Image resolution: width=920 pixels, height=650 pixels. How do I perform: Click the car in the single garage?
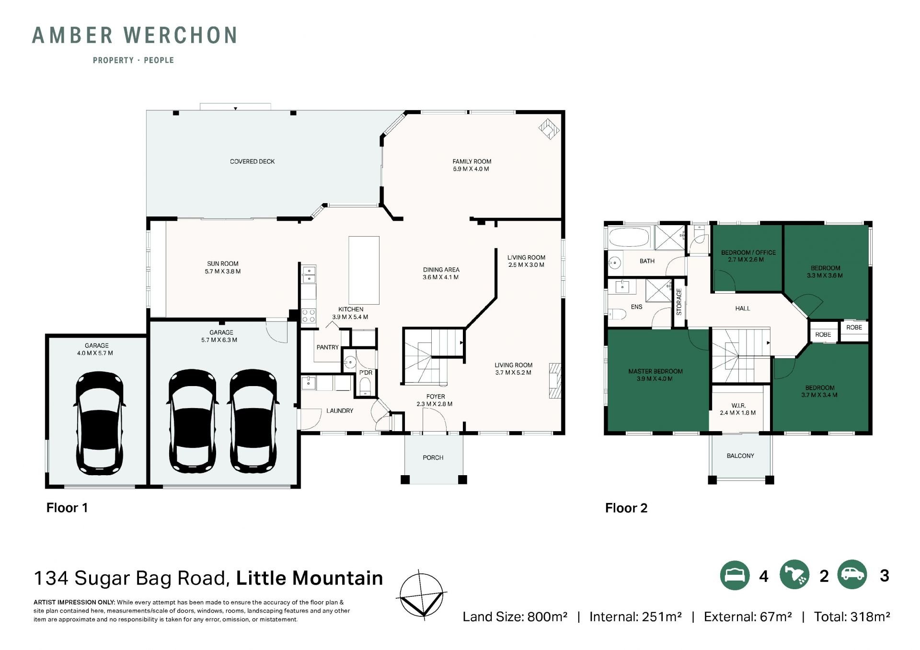(x=100, y=423)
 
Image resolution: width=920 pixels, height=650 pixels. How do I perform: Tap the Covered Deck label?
(x=252, y=161)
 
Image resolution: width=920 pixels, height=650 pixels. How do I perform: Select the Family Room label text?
(x=472, y=161)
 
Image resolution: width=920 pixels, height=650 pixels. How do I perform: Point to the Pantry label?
(x=328, y=347)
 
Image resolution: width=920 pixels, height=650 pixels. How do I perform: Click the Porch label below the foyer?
(x=433, y=457)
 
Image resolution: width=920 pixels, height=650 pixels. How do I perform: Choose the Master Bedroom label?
(x=655, y=371)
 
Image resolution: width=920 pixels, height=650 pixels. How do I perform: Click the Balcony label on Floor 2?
(x=740, y=456)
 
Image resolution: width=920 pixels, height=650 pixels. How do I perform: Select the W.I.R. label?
(x=738, y=405)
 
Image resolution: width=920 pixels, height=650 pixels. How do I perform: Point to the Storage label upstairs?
(x=679, y=301)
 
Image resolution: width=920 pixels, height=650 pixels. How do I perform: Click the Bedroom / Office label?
(x=748, y=252)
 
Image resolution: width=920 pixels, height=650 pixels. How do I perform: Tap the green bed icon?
(x=735, y=575)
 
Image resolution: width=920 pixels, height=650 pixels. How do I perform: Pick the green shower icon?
(x=794, y=575)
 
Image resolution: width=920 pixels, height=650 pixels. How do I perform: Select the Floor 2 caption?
(x=626, y=508)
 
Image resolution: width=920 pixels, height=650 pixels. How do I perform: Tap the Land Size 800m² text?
(x=515, y=616)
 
